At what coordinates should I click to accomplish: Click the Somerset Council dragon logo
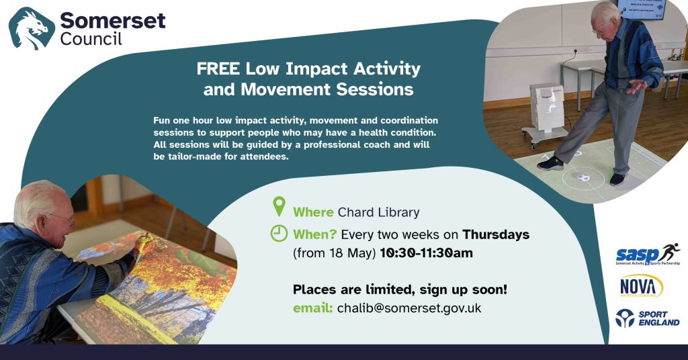click(x=32, y=28)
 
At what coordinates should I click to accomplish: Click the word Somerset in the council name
click(x=113, y=20)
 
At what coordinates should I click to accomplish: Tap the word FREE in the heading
click(x=218, y=69)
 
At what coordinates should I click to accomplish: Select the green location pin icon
click(x=279, y=206)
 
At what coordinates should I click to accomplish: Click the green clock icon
click(x=279, y=234)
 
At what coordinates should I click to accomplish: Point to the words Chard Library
click(x=379, y=213)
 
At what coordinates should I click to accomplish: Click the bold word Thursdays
click(x=496, y=234)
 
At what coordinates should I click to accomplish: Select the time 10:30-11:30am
click(x=426, y=253)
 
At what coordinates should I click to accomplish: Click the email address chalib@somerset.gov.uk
click(x=409, y=308)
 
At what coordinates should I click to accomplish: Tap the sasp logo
click(x=648, y=255)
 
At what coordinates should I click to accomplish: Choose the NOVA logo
click(x=641, y=287)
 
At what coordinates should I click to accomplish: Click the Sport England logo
click(x=647, y=318)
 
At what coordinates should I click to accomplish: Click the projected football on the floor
click(x=583, y=177)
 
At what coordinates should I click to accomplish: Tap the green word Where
click(x=313, y=213)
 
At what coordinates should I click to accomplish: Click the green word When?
click(x=314, y=234)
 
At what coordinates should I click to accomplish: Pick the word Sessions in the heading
click(x=375, y=89)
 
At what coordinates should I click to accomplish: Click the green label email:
click(x=313, y=308)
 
